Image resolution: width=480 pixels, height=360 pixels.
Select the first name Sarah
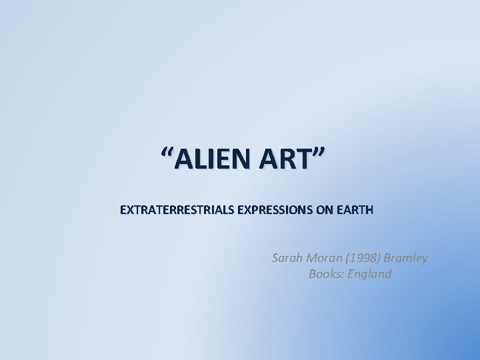[x=287, y=257]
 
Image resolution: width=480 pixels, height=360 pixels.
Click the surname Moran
[x=324, y=257]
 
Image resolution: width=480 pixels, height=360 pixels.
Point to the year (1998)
[x=365, y=257]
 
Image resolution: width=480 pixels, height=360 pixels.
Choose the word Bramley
[x=406, y=257]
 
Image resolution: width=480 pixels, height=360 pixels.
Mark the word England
[x=369, y=274]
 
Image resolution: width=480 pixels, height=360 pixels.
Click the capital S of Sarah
[x=275, y=257]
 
